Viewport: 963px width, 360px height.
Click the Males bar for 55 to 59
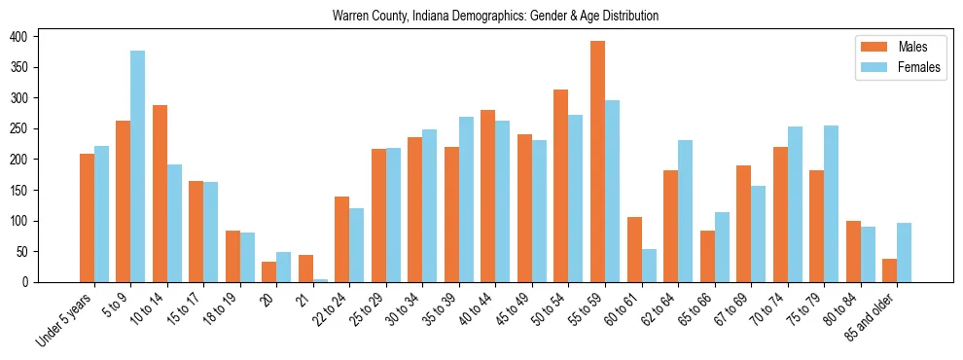tap(597, 162)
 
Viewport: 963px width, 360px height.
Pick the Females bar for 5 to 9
tap(138, 166)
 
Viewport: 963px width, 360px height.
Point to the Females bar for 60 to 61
tap(649, 266)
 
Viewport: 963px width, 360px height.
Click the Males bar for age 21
tap(305, 269)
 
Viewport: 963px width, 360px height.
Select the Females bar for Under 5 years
tap(101, 214)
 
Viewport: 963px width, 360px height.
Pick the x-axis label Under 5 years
tap(64, 319)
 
